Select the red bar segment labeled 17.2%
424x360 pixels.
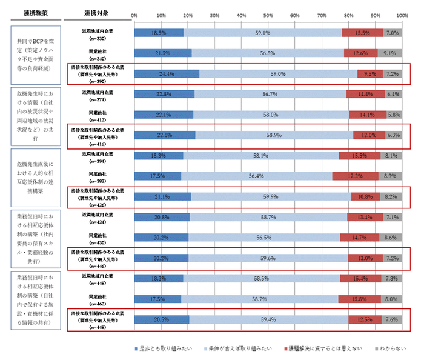pos(356,176)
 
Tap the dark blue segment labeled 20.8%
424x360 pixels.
pos(162,217)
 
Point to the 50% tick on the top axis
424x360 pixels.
pos(268,16)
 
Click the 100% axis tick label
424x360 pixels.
pos(401,16)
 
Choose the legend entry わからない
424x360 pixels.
pos(392,348)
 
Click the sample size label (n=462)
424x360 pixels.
pos(97,302)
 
